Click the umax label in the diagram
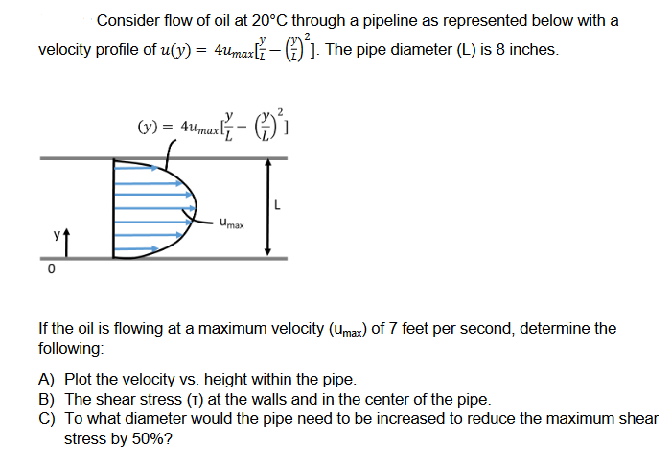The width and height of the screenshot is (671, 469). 231,225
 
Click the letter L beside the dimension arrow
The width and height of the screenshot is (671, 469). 277,202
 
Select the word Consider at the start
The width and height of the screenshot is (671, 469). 128,20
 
